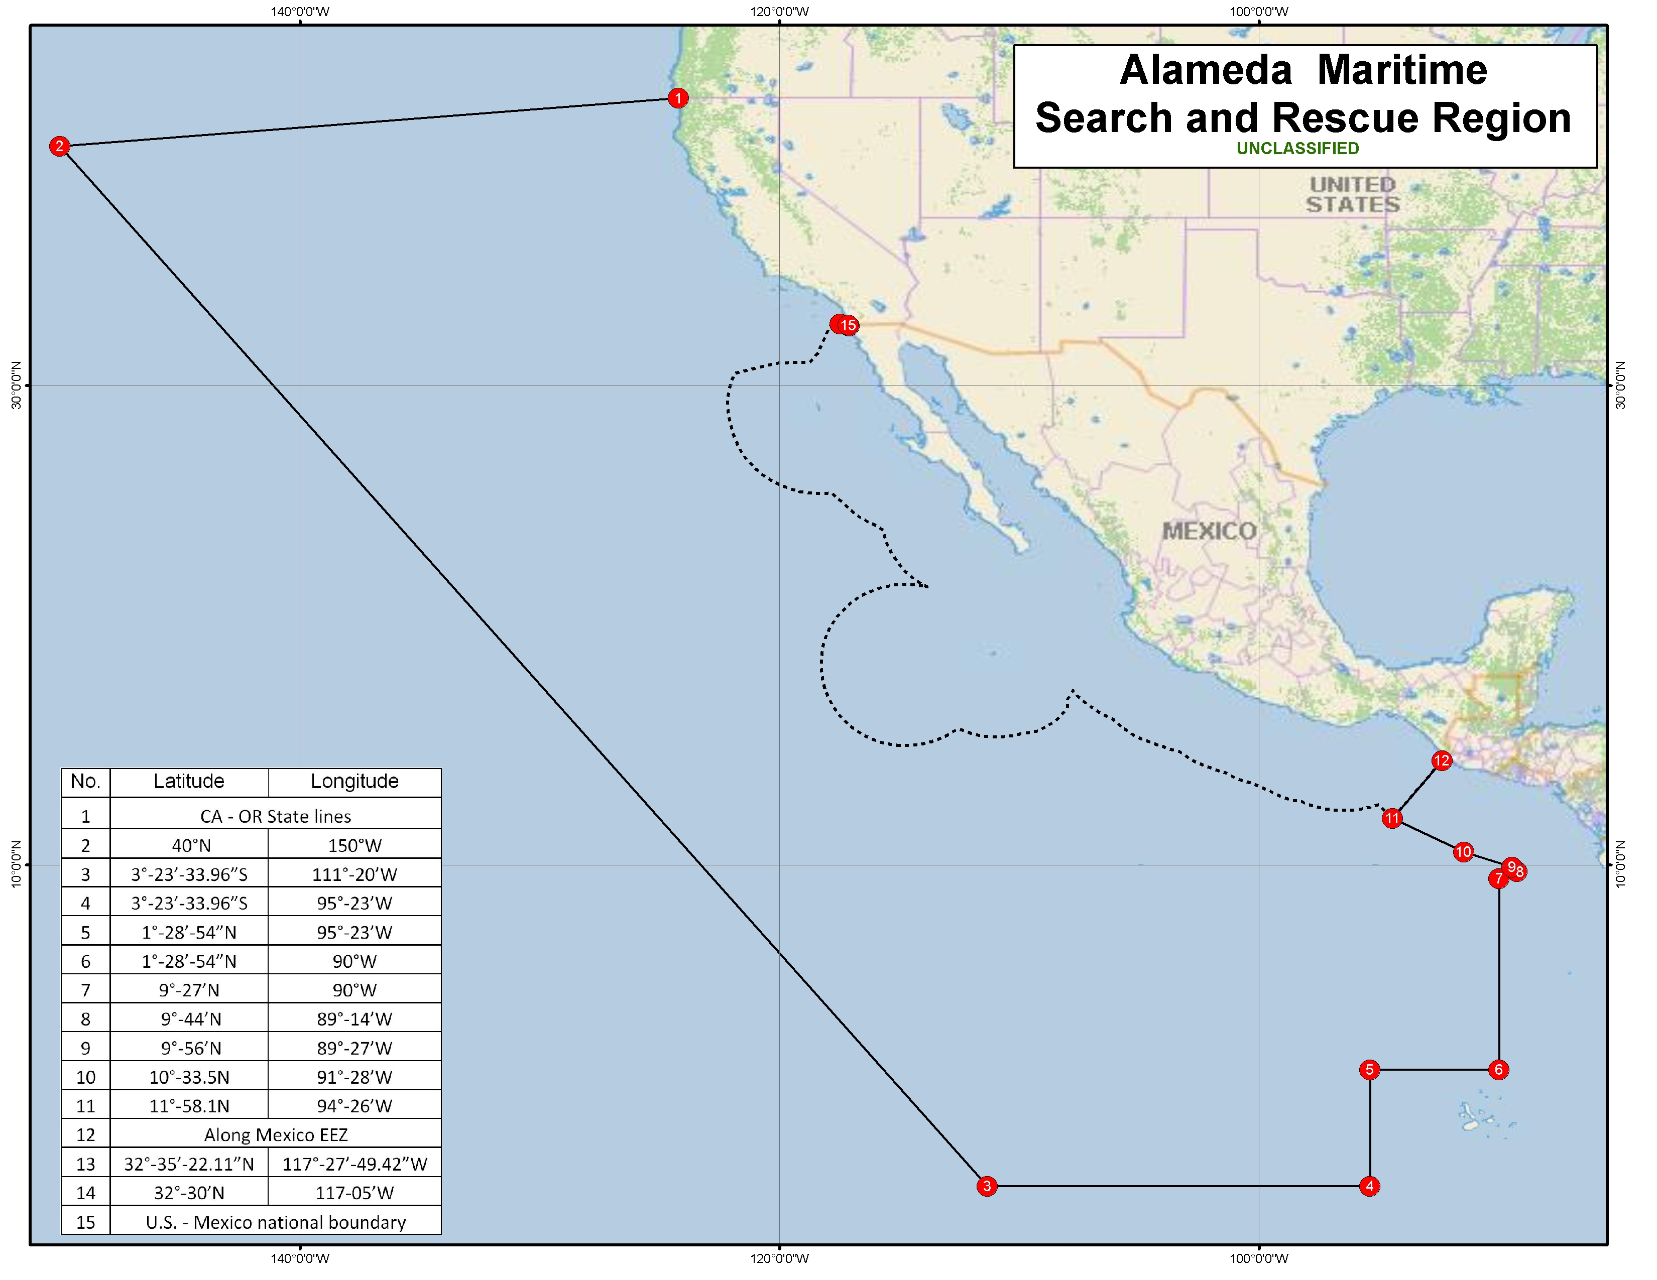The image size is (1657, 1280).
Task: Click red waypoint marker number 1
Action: coord(677,98)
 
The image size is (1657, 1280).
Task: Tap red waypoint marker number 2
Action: coord(59,147)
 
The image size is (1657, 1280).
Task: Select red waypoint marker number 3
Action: coord(986,1186)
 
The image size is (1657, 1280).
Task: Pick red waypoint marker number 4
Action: coord(1369,1186)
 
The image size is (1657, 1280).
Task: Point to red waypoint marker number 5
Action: coord(1369,1070)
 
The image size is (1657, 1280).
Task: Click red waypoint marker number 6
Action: coord(1498,1070)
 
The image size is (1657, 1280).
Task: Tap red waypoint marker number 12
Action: coord(1442,760)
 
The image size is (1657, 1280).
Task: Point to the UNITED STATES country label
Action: coord(1353,195)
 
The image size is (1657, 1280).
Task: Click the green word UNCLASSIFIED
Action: coord(1297,149)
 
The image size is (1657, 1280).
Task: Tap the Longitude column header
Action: coord(354,782)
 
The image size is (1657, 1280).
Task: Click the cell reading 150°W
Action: coord(354,845)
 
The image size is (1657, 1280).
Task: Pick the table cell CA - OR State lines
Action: coord(275,817)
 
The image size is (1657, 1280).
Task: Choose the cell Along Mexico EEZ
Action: coord(275,1135)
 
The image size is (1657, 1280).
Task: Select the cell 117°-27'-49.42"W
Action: coord(354,1164)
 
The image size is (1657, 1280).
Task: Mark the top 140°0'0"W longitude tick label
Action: coord(300,12)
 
